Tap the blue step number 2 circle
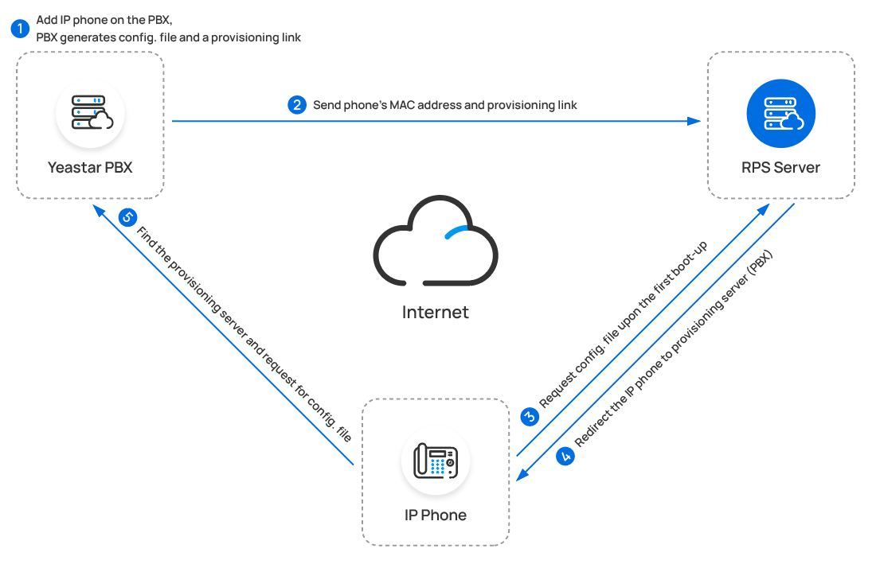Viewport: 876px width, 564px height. pos(297,105)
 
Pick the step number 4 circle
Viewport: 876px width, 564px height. pos(566,456)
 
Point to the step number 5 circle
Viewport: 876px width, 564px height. pos(127,216)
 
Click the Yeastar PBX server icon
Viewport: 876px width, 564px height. pos(90,113)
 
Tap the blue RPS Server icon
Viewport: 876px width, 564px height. pos(780,113)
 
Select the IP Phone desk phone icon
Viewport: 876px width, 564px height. pos(436,461)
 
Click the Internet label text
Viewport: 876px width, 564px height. pos(436,312)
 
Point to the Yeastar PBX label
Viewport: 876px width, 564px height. pos(90,168)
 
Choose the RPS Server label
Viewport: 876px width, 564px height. pos(780,168)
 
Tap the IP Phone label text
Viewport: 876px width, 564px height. pos(436,515)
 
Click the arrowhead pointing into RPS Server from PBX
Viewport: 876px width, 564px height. pos(695,121)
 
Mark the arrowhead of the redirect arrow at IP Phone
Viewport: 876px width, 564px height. pos(522,475)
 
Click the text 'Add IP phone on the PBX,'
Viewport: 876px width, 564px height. pos(104,21)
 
